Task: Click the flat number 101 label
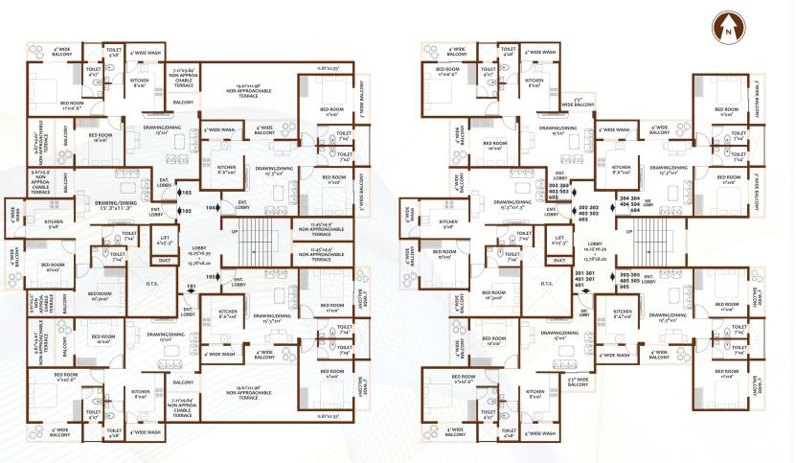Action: coord(192,286)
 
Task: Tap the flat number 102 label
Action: coord(186,210)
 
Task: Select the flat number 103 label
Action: coord(186,193)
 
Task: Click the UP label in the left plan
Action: coord(236,231)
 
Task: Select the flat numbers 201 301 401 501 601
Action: coord(584,281)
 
